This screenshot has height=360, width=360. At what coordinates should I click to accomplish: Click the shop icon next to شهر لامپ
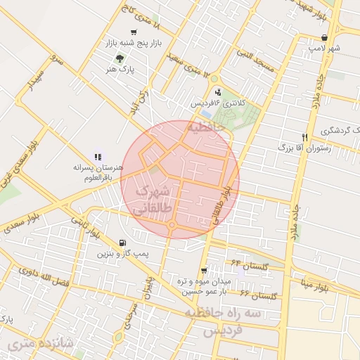[x=323, y=38]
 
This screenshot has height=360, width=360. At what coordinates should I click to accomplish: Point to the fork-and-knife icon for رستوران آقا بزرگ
[x=304, y=137]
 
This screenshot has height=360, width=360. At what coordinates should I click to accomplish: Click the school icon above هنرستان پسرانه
[x=98, y=157]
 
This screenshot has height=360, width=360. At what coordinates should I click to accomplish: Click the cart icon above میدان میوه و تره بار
[x=204, y=270]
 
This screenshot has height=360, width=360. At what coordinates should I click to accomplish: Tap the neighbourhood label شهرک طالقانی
[x=150, y=199]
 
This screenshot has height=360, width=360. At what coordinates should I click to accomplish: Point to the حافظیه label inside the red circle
[x=206, y=127]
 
